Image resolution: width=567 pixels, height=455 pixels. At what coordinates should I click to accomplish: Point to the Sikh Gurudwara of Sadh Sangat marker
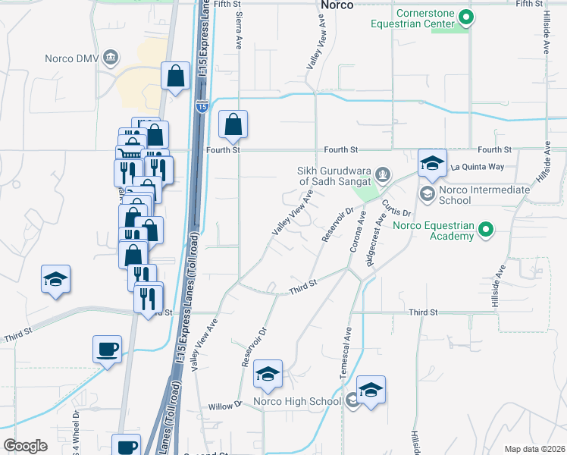383,175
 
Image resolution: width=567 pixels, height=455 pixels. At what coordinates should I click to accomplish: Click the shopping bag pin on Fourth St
233,125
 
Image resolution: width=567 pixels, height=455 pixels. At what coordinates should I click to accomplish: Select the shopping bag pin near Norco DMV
175,76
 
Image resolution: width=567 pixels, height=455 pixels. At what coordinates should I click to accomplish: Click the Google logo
25,446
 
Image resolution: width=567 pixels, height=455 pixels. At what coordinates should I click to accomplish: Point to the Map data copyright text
535,449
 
